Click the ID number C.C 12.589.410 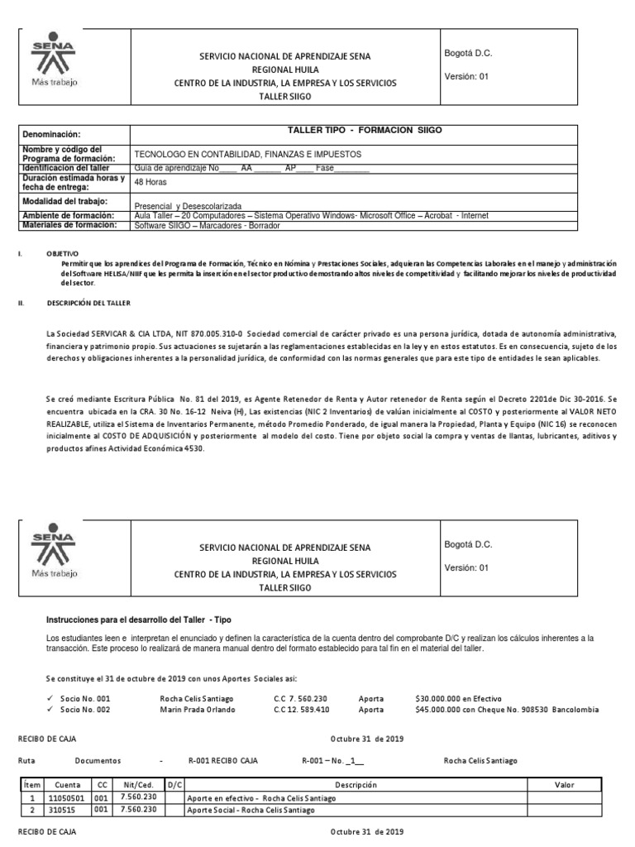click(301, 710)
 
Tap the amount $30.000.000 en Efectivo click(453, 698)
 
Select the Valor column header click(565, 784)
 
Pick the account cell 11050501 click(62, 798)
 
